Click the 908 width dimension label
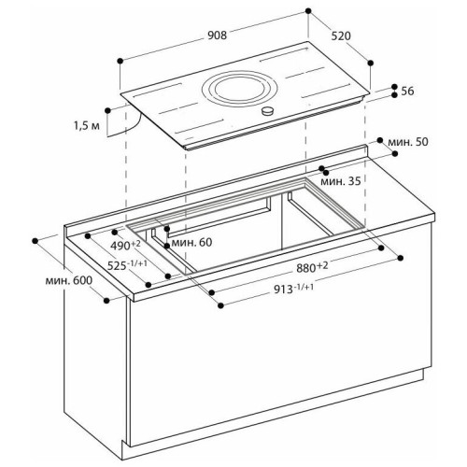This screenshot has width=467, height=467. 217,35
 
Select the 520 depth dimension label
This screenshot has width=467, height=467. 341,36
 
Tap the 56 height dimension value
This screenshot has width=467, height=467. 407,91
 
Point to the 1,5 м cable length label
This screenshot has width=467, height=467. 87,126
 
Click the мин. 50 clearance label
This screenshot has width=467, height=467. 408,142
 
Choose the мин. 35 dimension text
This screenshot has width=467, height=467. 340,181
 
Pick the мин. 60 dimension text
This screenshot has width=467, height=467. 191,242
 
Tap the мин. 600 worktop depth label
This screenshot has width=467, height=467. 69,280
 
